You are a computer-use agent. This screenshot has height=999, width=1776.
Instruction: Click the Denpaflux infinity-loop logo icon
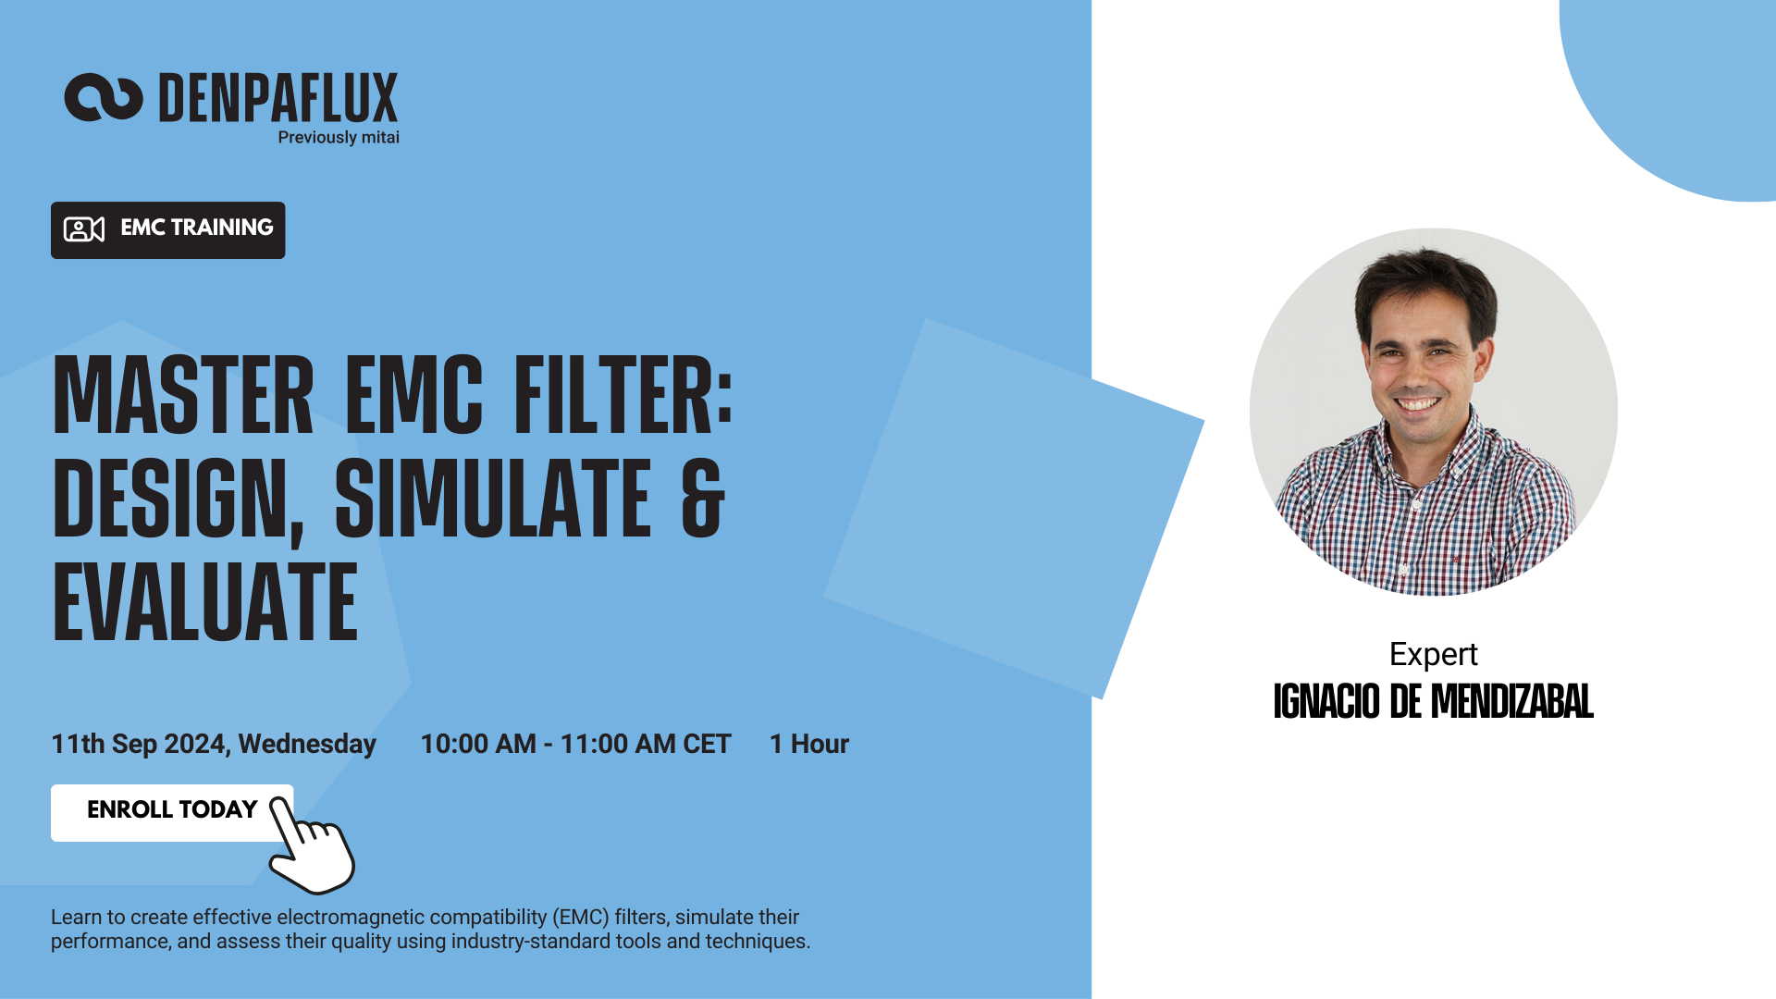pos(103,97)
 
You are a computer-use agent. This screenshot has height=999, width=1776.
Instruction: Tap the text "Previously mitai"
pos(339,138)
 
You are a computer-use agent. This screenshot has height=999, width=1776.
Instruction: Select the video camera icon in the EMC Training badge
pos(83,229)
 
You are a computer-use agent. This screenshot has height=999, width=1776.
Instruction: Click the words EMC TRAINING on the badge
pos(197,228)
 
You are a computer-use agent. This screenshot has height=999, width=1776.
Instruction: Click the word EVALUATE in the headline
pos(205,602)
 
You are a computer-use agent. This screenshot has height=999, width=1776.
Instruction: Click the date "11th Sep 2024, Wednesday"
pos(214,744)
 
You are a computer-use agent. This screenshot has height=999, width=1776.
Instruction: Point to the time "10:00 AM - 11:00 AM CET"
pos(575,744)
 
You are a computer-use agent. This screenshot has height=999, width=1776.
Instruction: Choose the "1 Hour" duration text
pos(809,744)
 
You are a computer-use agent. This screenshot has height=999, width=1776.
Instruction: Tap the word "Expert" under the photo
pos(1433,654)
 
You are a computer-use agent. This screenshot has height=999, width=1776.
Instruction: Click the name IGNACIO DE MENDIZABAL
pos(1433,702)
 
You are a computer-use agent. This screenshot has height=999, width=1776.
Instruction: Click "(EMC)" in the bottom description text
pos(581,918)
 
